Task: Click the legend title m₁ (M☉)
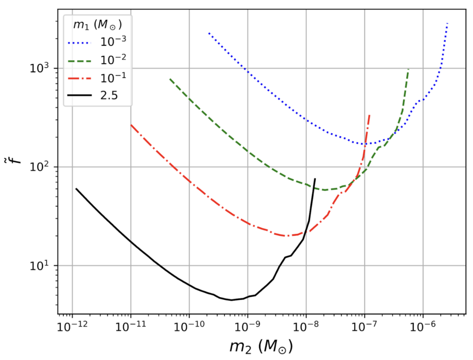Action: pyautogui.click(x=99, y=23)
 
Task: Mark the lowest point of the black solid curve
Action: pyautogui.click(x=232, y=300)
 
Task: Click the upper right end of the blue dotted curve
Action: pyautogui.click(x=448, y=24)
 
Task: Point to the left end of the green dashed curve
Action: pyautogui.click(x=170, y=79)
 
